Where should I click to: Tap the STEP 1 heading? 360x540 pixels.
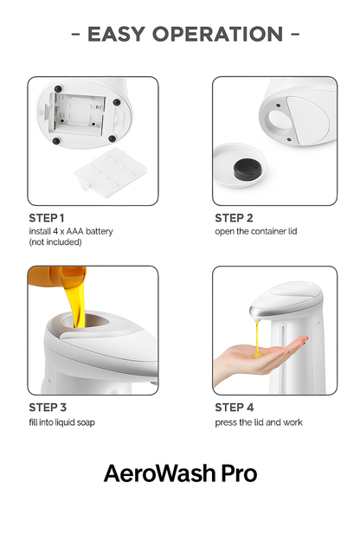click(x=47, y=217)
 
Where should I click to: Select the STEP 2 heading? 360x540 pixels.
click(x=234, y=218)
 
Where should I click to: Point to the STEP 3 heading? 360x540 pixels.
click(x=47, y=407)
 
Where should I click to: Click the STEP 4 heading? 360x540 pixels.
click(x=234, y=407)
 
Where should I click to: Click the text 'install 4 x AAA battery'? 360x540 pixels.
click(x=71, y=231)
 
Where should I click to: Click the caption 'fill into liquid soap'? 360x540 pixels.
click(x=62, y=421)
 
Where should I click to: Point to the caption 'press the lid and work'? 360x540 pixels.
click(x=259, y=421)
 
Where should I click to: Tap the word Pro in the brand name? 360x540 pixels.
click(x=238, y=473)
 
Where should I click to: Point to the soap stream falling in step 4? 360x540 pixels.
click(x=256, y=333)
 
